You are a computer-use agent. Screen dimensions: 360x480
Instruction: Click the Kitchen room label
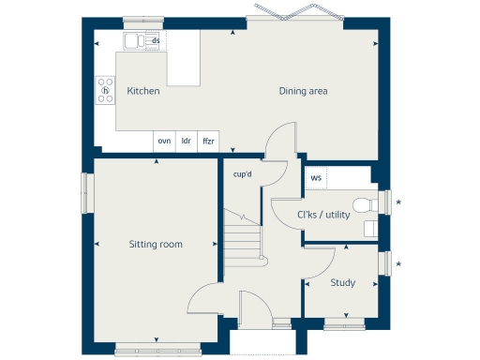(x=143, y=92)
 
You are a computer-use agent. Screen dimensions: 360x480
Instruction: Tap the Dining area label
(x=303, y=92)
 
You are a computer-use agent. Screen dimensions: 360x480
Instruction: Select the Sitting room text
(x=156, y=245)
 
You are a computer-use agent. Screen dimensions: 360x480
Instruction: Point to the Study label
(x=342, y=282)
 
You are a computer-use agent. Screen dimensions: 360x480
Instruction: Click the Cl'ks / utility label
(x=323, y=215)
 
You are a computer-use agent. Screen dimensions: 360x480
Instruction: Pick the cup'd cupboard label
(x=242, y=173)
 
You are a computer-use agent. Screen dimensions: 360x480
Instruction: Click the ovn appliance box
(x=164, y=141)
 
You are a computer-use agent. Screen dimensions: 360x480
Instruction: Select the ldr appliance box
(x=187, y=141)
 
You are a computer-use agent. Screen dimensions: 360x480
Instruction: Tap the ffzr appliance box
(x=208, y=141)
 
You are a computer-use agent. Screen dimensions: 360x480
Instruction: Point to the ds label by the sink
(x=156, y=41)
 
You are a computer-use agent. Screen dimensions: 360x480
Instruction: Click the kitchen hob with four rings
(x=105, y=91)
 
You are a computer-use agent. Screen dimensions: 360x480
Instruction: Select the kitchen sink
(x=135, y=40)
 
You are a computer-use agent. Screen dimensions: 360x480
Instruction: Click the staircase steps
(x=241, y=241)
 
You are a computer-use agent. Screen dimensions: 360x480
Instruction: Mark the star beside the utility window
(x=399, y=202)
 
